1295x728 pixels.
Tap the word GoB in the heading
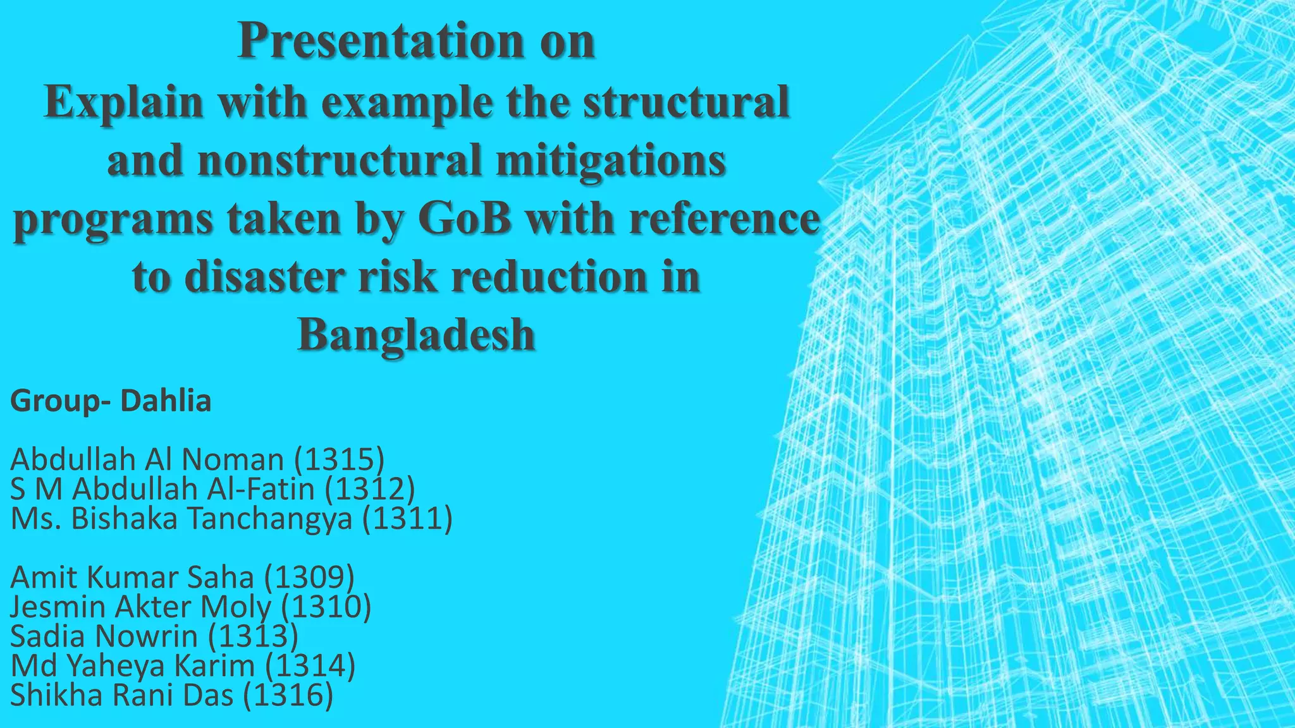(x=465, y=219)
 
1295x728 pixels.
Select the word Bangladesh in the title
(x=416, y=334)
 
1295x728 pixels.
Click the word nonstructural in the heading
(x=340, y=160)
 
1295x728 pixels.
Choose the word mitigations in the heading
(x=611, y=160)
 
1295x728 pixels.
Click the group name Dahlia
(x=166, y=401)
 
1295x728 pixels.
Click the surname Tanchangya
(x=269, y=519)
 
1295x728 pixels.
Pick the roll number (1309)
(x=309, y=577)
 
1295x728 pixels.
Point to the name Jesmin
(x=58, y=607)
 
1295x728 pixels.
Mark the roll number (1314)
(x=310, y=665)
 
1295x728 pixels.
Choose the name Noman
(x=233, y=459)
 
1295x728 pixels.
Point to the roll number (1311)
(x=408, y=519)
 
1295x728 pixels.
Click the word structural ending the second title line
(x=685, y=101)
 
